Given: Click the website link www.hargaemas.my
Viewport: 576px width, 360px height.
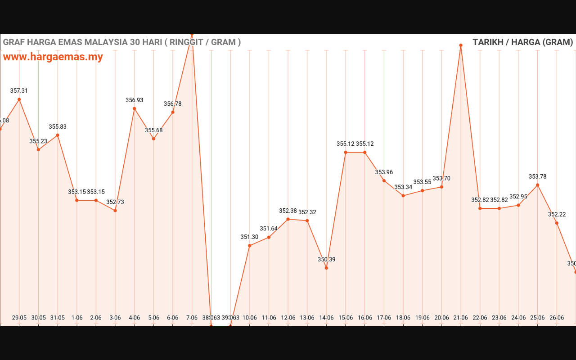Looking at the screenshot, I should coord(53,57).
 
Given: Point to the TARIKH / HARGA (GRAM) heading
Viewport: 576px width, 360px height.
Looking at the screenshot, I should coord(522,42).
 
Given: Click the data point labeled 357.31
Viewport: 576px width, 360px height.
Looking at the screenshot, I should coord(19,99).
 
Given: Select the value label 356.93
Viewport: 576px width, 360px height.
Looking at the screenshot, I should coord(135,100).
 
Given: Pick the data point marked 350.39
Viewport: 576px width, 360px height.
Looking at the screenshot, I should coord(326,268).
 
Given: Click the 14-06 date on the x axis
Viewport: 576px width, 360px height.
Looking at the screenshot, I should coord(326,318).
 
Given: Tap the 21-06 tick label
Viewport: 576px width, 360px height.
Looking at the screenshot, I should coord(461,318).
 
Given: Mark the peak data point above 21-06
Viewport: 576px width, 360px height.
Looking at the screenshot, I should coord(461,45).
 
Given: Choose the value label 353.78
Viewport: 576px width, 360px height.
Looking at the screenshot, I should coord(538,176).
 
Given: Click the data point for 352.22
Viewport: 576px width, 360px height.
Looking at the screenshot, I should coord(557,223).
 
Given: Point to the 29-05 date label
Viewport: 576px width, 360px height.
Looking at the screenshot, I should coord(19,318).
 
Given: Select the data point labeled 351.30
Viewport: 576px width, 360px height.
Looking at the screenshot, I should coord(250,245).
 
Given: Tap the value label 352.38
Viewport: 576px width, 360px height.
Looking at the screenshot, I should coord(288,211).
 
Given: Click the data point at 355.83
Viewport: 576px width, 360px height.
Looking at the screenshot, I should coord(58,135).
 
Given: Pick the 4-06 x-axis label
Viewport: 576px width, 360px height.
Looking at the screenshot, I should coord(135,318).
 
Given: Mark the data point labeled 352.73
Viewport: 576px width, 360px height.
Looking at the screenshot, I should coord(115,211).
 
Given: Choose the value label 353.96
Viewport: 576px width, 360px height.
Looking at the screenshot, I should coord(384,172).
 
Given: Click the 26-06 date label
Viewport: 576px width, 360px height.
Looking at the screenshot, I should coord(557,318).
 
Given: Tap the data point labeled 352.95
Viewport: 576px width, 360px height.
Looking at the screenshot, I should coord(518,205).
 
